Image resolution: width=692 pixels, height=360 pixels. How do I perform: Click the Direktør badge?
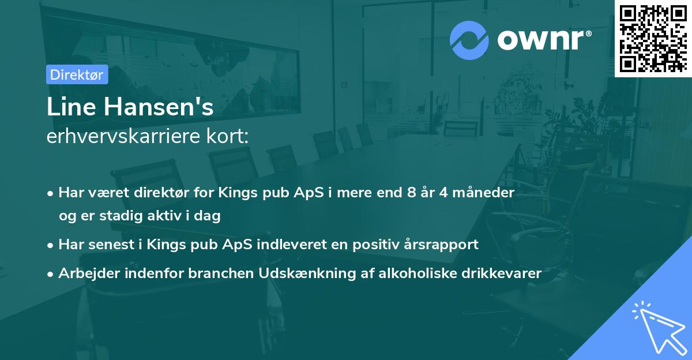[x=77, y=74]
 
